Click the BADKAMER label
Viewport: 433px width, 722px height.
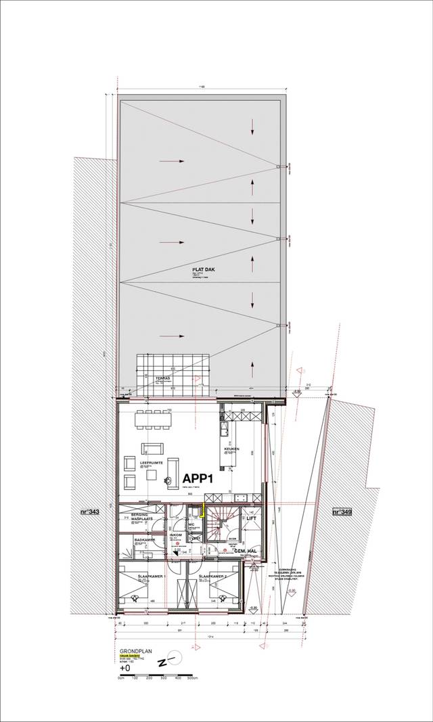145,539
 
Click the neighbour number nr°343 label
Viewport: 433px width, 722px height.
89,512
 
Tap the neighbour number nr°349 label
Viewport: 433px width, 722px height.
342,512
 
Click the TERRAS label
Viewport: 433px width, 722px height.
163,378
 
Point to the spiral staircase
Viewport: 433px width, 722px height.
220,523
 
